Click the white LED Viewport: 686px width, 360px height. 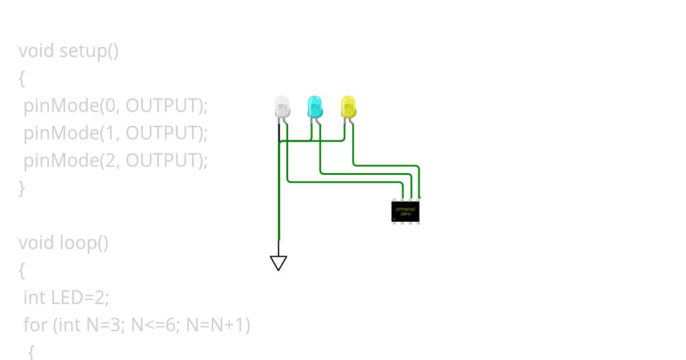coord(282,107)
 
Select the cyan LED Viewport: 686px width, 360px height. coord(315,107)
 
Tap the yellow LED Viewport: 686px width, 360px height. coord(348,107)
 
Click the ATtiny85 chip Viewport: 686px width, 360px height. coord(406,211)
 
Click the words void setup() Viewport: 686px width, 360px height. coord(69,51)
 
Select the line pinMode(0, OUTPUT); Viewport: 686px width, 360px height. coord(115,106)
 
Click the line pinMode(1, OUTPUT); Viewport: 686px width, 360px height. coord(115,133)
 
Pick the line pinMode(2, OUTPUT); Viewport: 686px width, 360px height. coord(115,161)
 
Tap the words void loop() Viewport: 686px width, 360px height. coord(63,243)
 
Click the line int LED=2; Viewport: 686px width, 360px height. coord(66,298)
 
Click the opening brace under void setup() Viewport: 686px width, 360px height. coord(22,78)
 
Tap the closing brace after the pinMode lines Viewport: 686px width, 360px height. coord(22,188)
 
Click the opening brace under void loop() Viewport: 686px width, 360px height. coord(22,270)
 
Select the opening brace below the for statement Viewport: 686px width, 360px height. coord(31,351)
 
